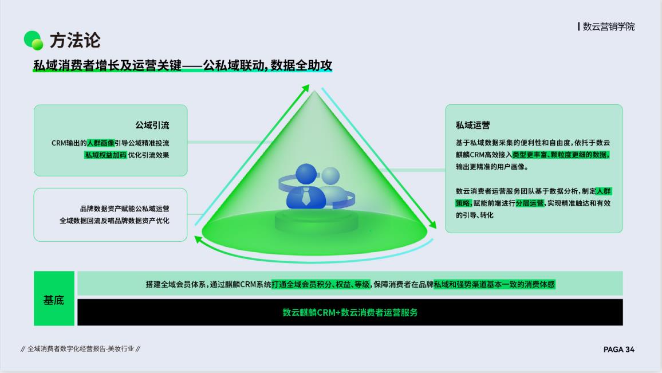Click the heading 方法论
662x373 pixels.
pyautogui.click(x=75, y=41)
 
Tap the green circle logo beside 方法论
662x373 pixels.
pyautogui.click(x=33, y=41)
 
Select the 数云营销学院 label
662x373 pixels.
pyautogui.click(x=608, y=26)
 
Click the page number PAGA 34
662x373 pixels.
pyautogui.click(x=618, y=350)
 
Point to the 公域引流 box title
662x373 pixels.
pyautogui.click(x=152, y=125)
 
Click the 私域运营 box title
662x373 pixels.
pyautogui.click(x=473, y=125)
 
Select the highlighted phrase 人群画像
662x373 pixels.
pyautogui.click(x=100, y=143)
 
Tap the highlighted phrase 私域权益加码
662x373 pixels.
pyautogui.click(x=105, y=155)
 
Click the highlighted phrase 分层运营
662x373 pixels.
pyautogui.click(x=530, y=203)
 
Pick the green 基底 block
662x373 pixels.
pyautogui.click(x=54, y=299)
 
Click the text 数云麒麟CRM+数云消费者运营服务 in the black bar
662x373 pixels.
pyautogui.click(x=350, y=312)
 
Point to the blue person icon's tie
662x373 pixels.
pyautogui.click(x=306, y=197)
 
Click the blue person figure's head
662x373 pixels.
pyautogui.click(x=306, y=174)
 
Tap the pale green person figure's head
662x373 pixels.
pyautogui.click(x=330, y=176)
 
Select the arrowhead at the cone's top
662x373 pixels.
pyautogui.click(x=306, y=88)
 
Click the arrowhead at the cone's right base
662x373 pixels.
pyautogui.click(x=432, y=225)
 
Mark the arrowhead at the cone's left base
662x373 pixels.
pyautogui.click(x=198, y=239)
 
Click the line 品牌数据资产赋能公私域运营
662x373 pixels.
pyautogui.click(x=124, y=209)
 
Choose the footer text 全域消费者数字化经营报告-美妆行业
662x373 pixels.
pyautogui.click(x=81, y=349)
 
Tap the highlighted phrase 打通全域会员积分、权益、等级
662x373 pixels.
pyautogui.click(x=321, y=284)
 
